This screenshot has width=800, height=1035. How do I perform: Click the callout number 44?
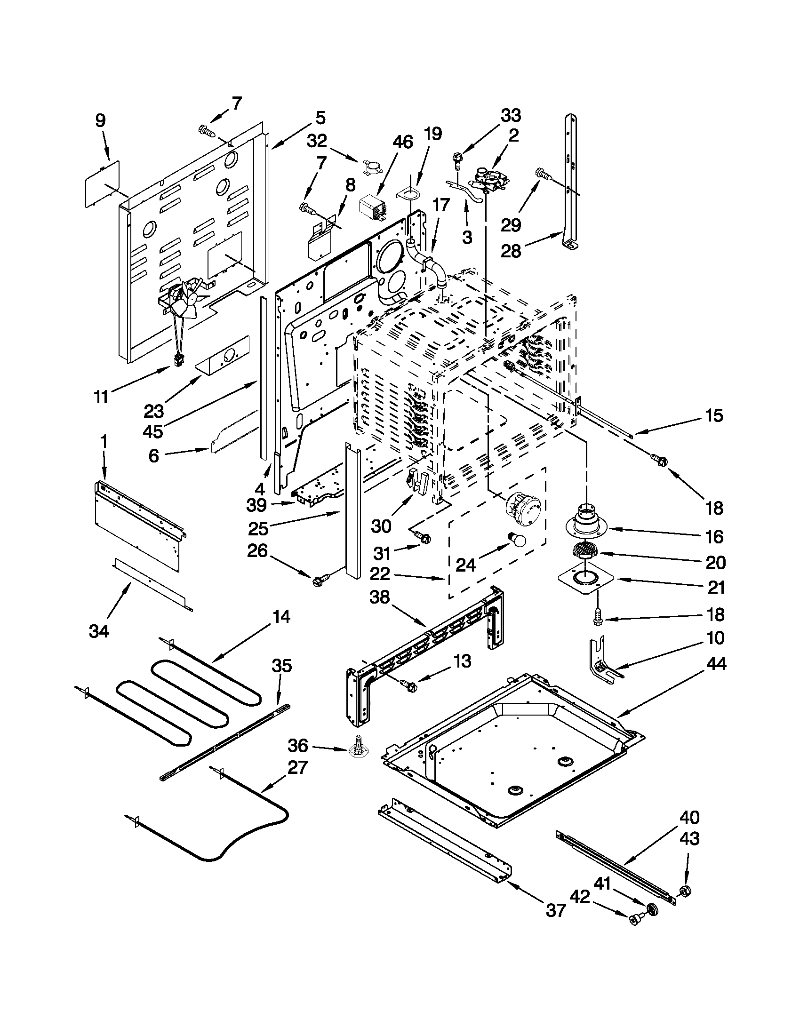(x=716, y=664)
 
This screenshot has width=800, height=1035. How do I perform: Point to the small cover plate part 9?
(x=102, y=183)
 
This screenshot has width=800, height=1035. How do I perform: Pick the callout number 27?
(x=297, y=767)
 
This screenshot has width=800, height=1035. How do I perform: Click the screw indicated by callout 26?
(x=320, y=580)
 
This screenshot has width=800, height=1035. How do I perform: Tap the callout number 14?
(x=281, y=617)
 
